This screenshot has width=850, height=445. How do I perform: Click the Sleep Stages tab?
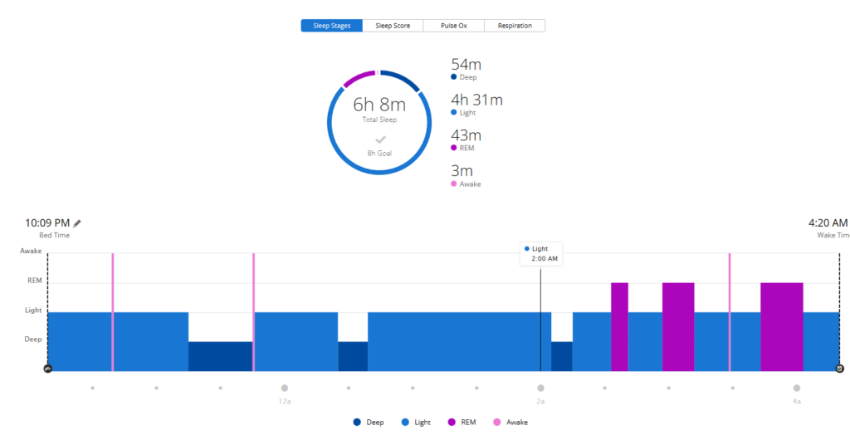(331, 26)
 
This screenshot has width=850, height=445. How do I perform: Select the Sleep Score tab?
(393, 26)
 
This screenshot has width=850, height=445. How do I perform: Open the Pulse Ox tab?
(453, 26)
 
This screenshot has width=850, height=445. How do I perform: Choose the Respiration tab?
(515, 26)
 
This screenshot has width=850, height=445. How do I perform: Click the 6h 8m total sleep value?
(379, 105)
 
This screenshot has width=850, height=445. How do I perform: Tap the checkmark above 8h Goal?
(380, 139)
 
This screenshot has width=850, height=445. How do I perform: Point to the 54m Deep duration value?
(466, 65)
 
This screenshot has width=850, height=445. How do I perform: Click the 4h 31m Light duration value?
(476, 100)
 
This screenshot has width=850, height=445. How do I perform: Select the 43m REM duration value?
(466, 135)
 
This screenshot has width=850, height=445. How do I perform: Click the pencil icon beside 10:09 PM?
(77, 222)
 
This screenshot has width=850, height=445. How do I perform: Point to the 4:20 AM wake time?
(828, 222)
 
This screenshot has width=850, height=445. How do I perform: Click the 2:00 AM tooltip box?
(541, 253)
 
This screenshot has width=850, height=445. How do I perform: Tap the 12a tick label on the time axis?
(284, 401)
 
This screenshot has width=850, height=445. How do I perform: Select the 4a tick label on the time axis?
(796, 401)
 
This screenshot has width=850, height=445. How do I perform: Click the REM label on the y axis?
(35, 281)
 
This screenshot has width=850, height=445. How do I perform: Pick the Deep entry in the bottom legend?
(369, 422)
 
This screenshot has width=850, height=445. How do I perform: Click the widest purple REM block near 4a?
(781, 326)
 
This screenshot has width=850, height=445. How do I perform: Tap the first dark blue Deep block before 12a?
(220, 356)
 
